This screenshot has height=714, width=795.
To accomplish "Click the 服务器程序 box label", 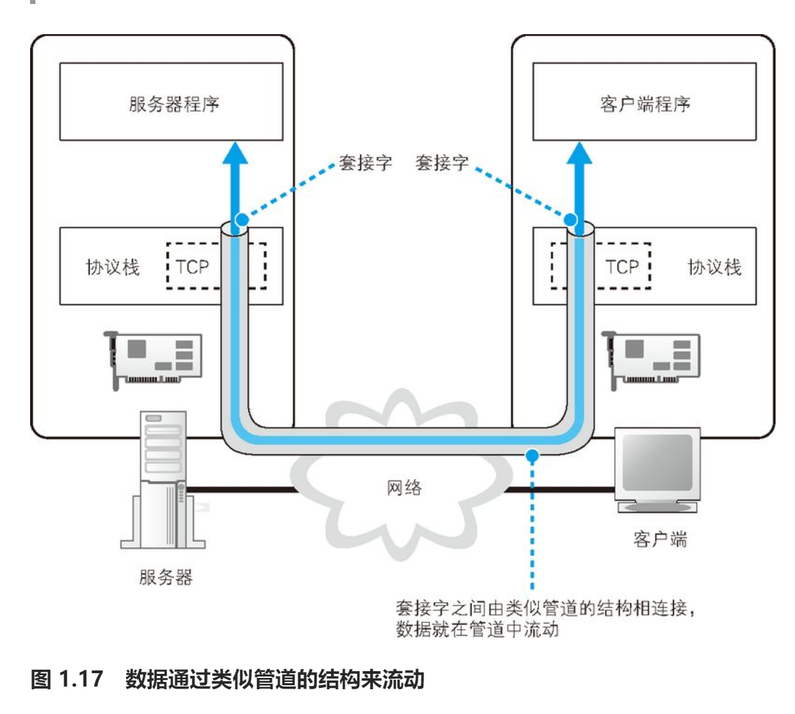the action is point(174,104).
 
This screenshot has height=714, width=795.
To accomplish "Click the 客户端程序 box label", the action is point(645,104).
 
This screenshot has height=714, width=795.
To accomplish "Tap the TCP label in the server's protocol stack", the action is point(192,267).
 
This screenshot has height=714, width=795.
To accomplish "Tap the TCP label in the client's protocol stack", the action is point(622,267).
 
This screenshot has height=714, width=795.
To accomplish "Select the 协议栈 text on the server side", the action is point(112,267).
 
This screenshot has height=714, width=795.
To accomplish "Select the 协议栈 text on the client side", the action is point(715,267).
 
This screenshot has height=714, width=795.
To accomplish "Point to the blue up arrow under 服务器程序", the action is point(236,187).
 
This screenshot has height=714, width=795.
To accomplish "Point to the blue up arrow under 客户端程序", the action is point(580,187).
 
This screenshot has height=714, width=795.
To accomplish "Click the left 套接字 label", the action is point(365,162).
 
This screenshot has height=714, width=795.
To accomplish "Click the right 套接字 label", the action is point(442,162).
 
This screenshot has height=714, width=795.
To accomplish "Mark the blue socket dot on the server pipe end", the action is point(242,219).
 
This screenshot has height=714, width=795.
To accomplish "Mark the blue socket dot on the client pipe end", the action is point(570,219).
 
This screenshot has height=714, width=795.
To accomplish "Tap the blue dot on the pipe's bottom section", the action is point(533,456).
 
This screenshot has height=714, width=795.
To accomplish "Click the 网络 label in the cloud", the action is point(404,488).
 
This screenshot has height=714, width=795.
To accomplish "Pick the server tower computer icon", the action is point(163,480).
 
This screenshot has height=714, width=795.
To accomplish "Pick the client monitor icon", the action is point(658,470).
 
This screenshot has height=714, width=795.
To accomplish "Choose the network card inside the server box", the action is point(153,359).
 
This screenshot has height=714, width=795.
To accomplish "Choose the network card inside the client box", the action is point(651,359).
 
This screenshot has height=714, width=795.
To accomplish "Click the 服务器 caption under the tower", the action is point(166,577).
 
